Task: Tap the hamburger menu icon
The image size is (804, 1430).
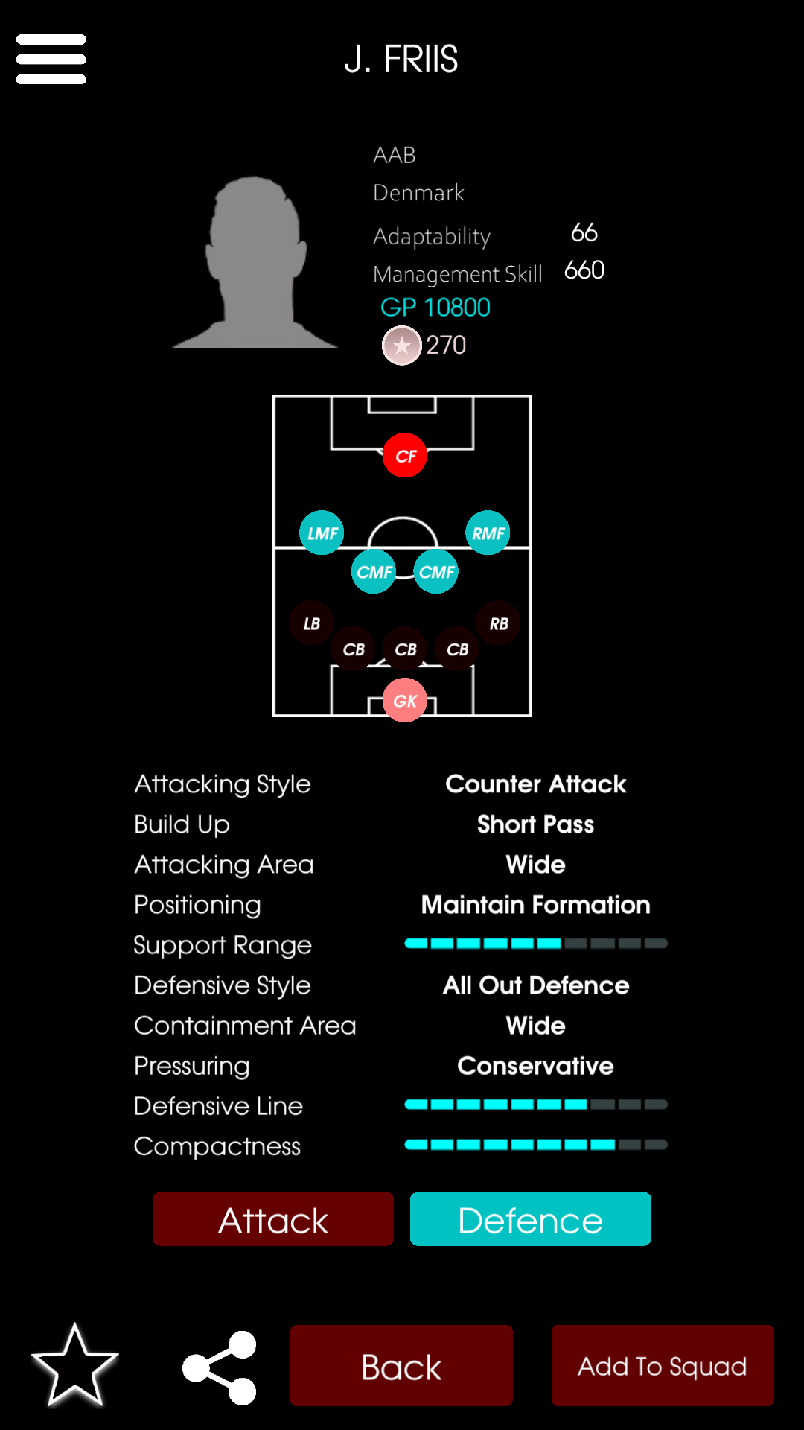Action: pos(51,59)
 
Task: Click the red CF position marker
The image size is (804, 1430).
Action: pos(405,455)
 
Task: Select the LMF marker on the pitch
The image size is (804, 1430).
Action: pos(322,533)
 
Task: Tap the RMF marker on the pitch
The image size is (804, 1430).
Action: pos(488,533)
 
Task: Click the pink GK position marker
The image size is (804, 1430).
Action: pos(405,700)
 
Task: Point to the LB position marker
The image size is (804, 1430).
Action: pos(311,623)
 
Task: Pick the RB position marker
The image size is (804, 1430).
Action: pos(498,623)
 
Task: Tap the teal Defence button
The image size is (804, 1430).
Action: pos(531,1219)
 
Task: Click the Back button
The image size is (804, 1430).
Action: pos(401,1365)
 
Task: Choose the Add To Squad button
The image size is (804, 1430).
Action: pos(663,1365)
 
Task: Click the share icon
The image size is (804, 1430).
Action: pos(220,1367)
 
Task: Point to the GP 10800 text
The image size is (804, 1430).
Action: pos(435,307)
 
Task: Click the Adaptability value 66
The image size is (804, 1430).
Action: pos(584,232)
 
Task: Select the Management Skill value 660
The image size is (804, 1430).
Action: pos(584,270)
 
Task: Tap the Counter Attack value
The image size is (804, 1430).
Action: pos(536,784)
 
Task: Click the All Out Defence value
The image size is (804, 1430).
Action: pos(536,985)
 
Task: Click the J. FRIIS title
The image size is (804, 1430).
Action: pos(401,59)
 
